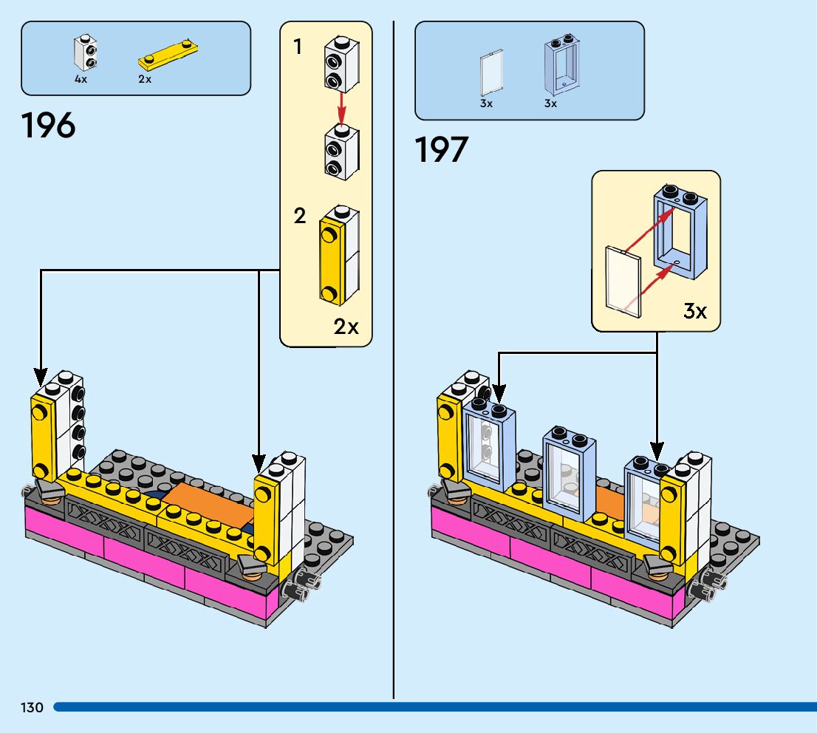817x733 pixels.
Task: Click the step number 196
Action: (x=49, y=126)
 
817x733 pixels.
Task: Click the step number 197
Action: (x=442, y=150)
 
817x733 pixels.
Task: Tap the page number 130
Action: (x=33, y=708)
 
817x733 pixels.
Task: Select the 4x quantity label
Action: (x=81, y=79)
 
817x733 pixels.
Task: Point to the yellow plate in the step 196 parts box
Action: (x=170, y=53)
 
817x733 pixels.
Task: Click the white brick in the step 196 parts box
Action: (x=86, y=53)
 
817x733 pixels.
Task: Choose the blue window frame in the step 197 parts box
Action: (x=562, y=64)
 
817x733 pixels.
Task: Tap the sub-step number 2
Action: (x=300, y=217)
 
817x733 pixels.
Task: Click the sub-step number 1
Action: (x=298, y=48)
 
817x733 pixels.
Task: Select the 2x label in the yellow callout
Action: (x=346, y=326)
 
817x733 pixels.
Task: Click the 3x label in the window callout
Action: (x=694, y=311)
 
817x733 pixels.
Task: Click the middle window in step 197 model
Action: (x=569, y=471)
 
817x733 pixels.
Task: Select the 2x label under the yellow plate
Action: (x=145, y=79)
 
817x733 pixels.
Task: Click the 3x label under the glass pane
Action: (x=486, y=103)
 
